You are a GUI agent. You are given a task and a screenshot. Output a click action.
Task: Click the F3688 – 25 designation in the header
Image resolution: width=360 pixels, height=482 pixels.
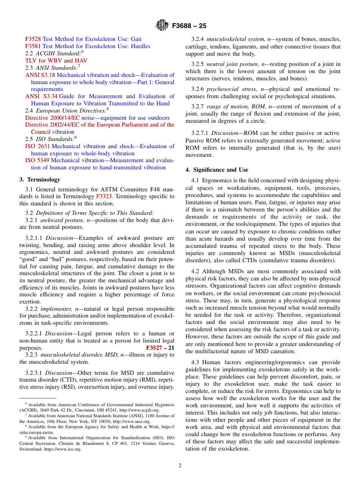(x=189, y=26)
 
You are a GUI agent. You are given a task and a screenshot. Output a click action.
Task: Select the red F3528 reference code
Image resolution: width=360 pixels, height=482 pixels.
(x=33, y=39)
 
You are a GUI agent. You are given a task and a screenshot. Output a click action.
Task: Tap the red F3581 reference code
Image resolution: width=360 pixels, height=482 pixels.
(x=33, y=46)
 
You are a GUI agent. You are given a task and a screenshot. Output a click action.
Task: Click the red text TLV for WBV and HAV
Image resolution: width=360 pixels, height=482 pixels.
(x=56, y=61)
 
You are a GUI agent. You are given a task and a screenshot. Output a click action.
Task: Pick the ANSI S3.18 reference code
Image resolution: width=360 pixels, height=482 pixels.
(x=40, y=75)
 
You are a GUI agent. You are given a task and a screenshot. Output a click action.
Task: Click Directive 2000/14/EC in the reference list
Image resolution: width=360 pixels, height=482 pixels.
(x=53, y=118)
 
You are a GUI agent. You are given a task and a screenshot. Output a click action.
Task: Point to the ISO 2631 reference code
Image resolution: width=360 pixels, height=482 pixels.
(x=38, y=146)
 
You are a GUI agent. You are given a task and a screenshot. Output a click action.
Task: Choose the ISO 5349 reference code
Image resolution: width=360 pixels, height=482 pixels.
(x=38, y=160)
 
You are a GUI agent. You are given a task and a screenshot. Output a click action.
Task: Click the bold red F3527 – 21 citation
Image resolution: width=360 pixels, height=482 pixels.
(x=160, y=348)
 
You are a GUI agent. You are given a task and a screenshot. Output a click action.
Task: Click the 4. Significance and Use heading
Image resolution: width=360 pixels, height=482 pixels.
(x=217, y=170)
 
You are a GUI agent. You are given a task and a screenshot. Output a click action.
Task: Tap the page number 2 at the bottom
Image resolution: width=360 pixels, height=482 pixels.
(x=180, y=466)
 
